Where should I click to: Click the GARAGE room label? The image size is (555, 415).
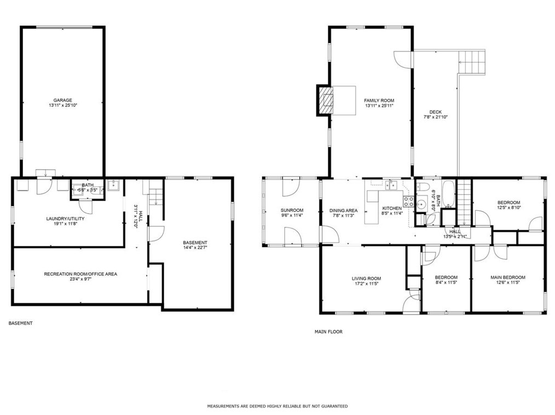(62, 100)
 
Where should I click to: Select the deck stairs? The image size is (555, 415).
(472, 62)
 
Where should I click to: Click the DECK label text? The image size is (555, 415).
(435, 112)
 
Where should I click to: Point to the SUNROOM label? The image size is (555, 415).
(292, 210)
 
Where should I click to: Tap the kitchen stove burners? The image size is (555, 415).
(408, 201)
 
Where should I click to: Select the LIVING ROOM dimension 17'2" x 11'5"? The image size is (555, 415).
(366, 284)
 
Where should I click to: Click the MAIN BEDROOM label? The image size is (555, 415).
(507, 278)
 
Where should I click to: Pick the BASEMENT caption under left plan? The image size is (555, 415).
(20, 323)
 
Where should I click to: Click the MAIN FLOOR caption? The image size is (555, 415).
(328, 332)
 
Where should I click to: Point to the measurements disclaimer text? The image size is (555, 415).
(277, 406)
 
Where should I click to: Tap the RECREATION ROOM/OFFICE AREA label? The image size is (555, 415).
(80, 274)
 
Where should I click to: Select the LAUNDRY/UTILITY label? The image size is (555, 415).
(65, 218)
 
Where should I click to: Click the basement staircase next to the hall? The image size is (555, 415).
(155, 197)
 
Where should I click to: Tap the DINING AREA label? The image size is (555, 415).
(343, 210)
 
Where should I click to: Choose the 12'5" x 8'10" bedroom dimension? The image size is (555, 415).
(508, 207)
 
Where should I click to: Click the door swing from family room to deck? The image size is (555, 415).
(403, 59)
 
